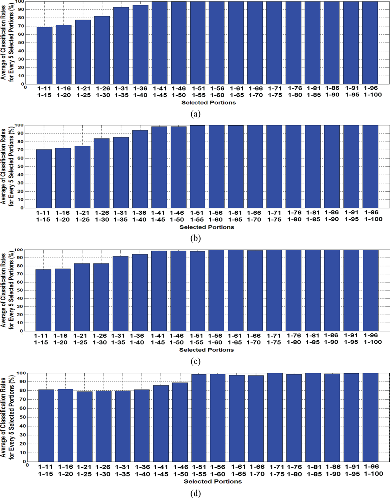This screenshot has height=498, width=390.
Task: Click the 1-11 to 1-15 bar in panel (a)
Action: [44, 55]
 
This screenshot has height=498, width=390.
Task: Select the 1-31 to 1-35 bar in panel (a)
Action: [121, 45]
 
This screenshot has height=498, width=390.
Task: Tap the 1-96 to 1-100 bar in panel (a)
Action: [370, 42]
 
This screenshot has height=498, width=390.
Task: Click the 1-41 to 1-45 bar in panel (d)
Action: [160, 423]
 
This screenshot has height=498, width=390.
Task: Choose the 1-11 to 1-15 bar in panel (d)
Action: [46, 425]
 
